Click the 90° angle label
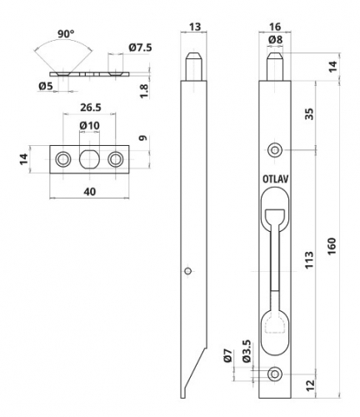tap(66, 33)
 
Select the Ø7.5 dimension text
tap(140, 48)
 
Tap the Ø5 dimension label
tap(46, 86)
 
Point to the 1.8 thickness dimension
tap(144, 91)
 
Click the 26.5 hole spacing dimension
tap(91, 108)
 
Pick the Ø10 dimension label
tap(89, 126)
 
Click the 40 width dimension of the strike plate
tap(89, 192)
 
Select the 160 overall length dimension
tap(332, 246)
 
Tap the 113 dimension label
tap(309, 260)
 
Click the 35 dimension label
tap(309, 113)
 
